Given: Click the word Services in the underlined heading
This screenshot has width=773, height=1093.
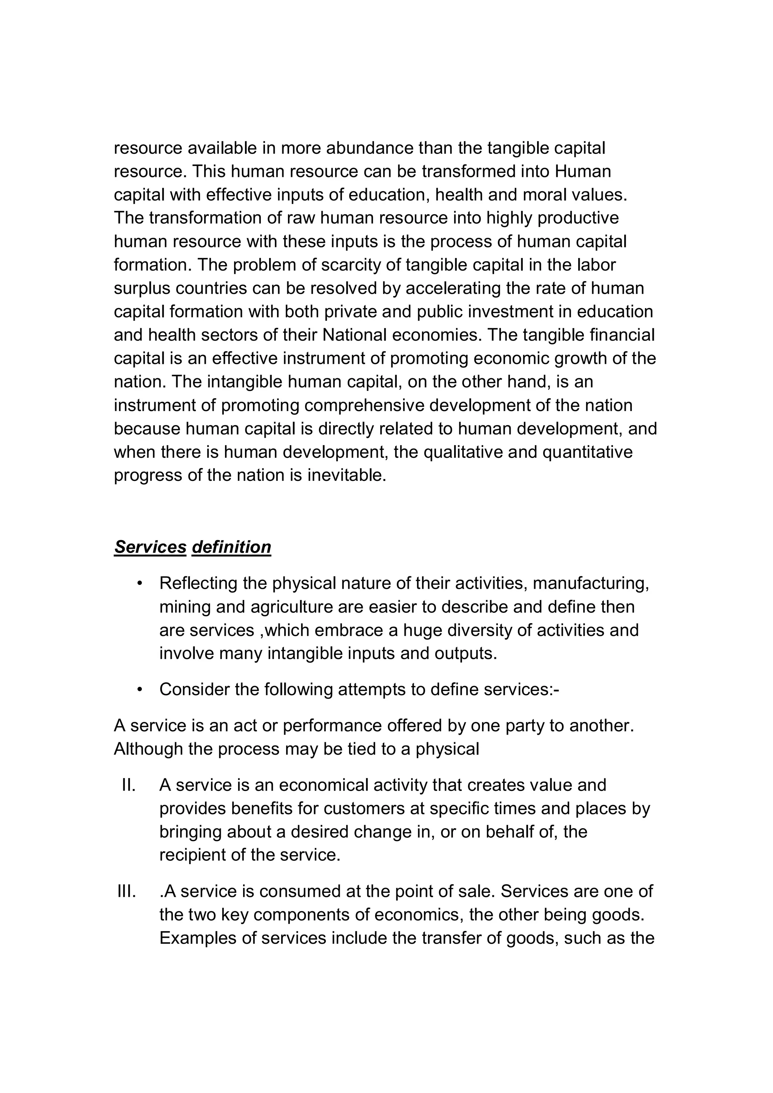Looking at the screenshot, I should click(x=150, y=547).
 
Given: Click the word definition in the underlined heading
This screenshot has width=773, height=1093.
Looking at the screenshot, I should click(x=231, y=547).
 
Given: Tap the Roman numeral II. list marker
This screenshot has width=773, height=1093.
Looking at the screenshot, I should click(x=129, y=785).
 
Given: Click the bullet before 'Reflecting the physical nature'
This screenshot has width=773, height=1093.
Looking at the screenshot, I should click(x=140, y=583).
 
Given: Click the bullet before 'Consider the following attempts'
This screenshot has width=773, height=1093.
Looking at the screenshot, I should click(x=140, y=690).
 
